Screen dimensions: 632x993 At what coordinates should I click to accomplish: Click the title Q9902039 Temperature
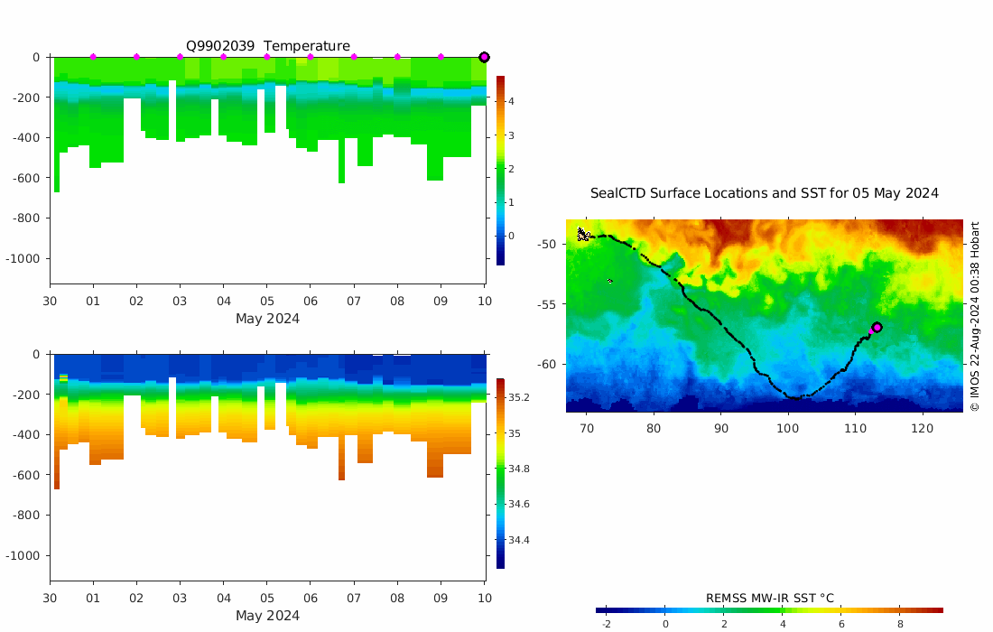268,46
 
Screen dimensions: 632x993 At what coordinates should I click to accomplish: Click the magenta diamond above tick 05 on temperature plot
266,57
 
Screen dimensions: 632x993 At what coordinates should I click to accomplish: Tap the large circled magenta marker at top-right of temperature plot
484,57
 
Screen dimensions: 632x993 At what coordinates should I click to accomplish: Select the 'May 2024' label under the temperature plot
267,319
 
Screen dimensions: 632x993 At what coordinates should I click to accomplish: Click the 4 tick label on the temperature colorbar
511,101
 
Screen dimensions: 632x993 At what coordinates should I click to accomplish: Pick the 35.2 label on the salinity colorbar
519,397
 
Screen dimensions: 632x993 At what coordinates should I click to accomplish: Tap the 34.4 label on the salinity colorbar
519,540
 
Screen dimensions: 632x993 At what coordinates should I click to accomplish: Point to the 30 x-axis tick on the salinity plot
50,599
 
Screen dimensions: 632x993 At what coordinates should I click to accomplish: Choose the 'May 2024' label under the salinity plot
267,616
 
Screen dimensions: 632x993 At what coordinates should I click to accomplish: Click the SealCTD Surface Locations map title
765,193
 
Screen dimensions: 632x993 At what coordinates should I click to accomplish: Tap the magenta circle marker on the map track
877,327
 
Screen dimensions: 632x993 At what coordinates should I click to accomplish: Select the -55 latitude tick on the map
546,304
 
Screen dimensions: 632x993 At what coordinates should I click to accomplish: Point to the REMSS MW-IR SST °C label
769,598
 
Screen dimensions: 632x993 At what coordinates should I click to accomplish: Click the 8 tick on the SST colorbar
900,624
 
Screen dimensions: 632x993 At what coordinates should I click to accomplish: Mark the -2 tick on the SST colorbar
606,624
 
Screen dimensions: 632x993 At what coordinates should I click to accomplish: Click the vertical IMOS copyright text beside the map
975,316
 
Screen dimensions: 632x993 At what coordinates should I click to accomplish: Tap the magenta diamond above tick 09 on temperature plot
441,57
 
